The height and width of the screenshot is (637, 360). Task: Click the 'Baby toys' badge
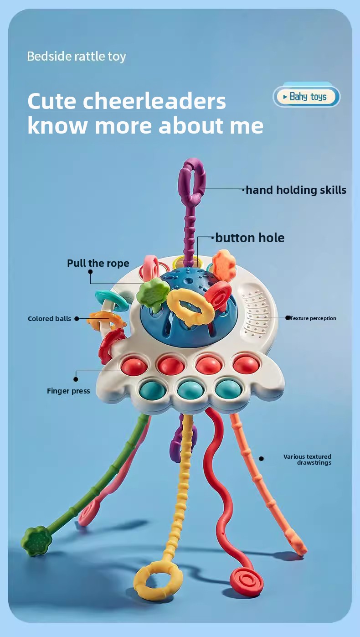[307, 97]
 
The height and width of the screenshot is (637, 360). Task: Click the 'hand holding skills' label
[296, 190]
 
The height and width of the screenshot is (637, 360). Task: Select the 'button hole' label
[250, 238]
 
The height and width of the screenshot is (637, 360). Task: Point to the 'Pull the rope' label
[98, 263]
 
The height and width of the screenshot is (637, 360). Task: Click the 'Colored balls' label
[49, 319]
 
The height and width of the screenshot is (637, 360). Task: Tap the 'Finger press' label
[68, 391]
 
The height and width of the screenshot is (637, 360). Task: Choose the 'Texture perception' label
[314, 318]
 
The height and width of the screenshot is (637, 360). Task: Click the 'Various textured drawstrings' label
[308, 460]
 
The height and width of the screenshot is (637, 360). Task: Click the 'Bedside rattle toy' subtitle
[77, 57]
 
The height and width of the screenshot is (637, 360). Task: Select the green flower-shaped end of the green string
[36, 541]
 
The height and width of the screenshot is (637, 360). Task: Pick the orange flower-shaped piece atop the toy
[224, 264]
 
